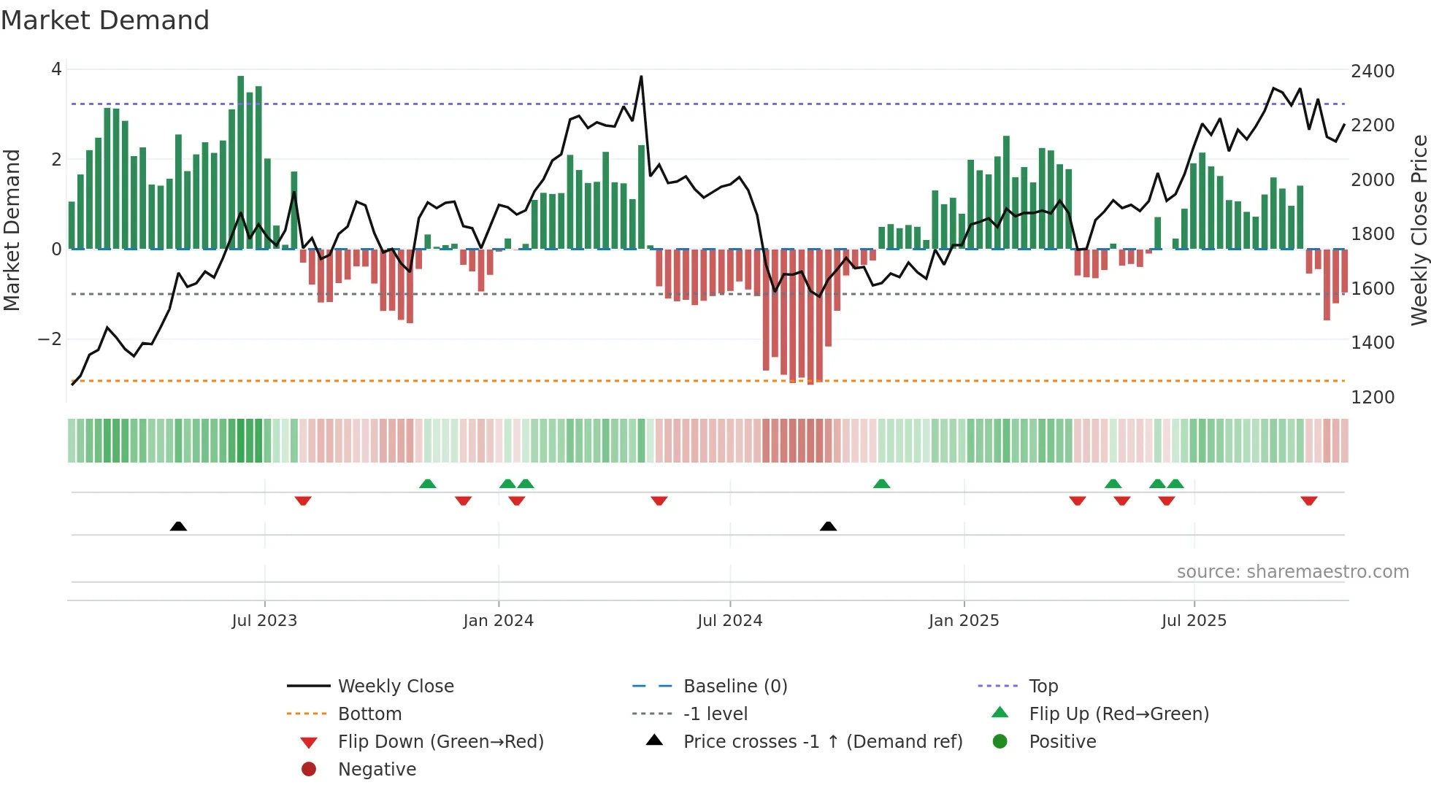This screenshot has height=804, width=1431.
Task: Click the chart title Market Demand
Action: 105,20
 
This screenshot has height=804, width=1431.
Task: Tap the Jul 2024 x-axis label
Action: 729,620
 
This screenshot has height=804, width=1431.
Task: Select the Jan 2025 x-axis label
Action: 963,620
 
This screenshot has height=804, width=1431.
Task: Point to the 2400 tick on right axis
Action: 1372,71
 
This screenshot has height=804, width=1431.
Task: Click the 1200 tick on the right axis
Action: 1372,397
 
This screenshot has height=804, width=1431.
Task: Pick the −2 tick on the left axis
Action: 50,339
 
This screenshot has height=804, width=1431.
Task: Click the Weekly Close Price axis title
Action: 1418,230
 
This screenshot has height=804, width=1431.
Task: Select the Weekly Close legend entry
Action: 395,686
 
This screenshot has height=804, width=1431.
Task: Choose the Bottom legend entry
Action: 369,714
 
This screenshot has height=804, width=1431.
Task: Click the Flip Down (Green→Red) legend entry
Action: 440,741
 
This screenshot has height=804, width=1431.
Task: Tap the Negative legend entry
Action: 377,769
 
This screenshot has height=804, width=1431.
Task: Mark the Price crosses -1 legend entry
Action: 822,741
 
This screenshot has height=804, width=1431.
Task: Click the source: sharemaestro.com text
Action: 1292,571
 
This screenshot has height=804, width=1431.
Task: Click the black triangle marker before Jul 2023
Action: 178,526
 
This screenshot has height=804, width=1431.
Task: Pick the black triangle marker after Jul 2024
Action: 828,526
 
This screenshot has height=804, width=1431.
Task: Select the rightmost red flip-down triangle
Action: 1308,500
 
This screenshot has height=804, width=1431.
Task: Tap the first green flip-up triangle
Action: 428,484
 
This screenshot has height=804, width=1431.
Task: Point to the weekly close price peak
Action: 641,77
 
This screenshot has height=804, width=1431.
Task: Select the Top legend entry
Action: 1043,686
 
